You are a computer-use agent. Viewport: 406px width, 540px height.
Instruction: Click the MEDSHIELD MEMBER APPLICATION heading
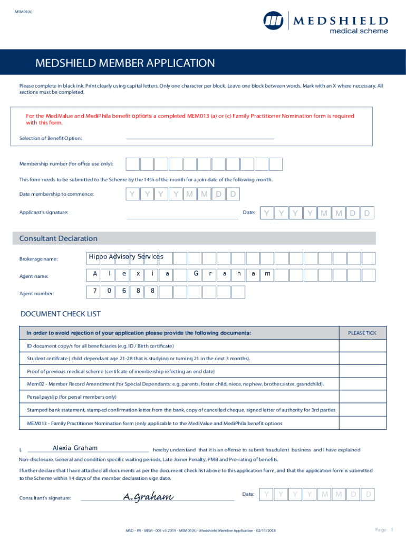point(125,64)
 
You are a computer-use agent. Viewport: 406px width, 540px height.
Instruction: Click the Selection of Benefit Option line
point(200,138)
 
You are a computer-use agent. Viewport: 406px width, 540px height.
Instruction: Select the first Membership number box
point(132,165)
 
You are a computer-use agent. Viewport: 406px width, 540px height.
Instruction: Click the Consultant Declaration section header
point(58,238)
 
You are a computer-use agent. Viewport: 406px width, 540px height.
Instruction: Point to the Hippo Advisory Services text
point(126,257)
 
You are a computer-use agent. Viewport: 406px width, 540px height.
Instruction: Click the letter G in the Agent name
point(196,274)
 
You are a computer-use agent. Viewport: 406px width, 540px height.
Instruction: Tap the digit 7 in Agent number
point(95,291)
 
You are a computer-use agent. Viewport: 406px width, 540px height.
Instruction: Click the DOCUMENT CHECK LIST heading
point(60,314)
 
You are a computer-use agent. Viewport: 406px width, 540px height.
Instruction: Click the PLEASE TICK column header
point(362,333)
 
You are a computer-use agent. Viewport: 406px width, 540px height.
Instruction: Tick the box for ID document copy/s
point(362,346)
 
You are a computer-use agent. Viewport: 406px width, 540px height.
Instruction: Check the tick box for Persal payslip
point(362,397)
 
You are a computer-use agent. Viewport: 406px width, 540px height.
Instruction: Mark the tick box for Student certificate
point(362,359)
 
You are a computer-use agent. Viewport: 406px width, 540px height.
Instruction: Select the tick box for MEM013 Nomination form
point(362,423)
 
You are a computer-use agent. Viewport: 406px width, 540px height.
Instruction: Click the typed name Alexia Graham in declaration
point(75,448)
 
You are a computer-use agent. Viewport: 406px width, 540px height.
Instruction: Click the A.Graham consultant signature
point(148,496)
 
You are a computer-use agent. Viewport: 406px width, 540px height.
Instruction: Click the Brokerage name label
point(39,259)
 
